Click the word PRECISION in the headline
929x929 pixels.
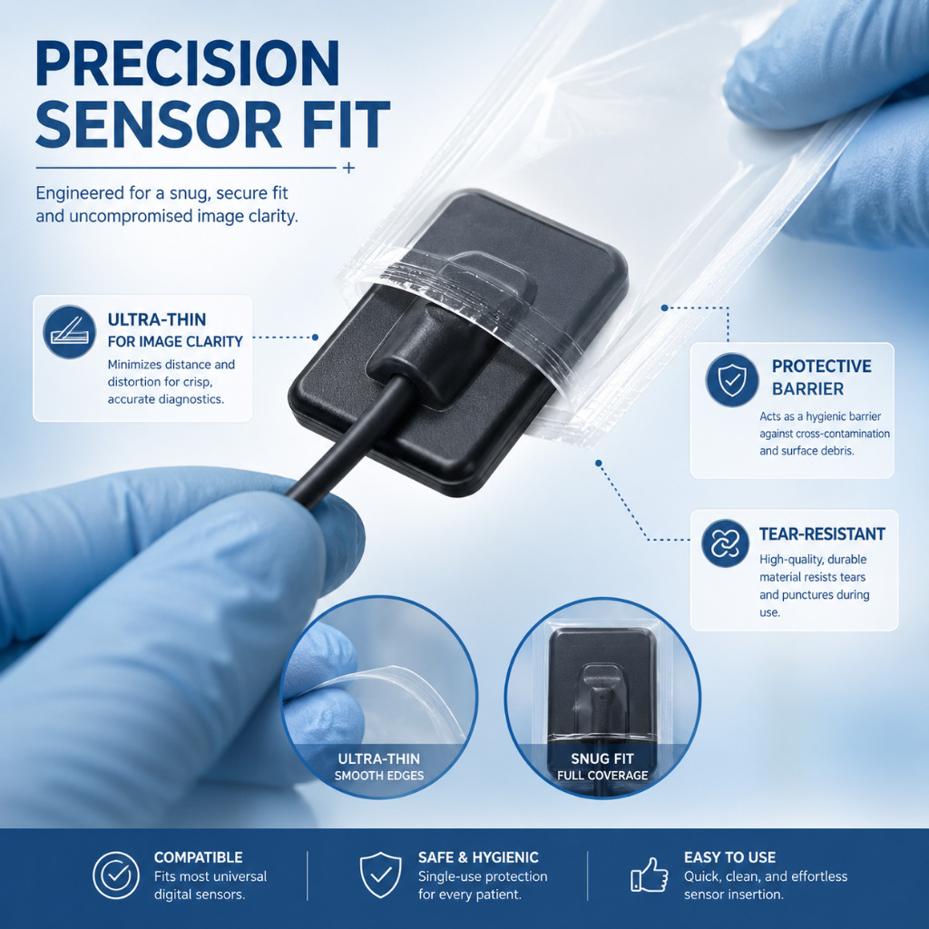188,64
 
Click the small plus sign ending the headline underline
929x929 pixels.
349,168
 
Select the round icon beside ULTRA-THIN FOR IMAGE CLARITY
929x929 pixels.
69,332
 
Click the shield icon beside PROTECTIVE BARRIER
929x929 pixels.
732,380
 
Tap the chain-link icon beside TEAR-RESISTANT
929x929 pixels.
725,543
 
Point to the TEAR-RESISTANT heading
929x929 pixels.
822,533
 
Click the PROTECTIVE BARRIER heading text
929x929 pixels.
822,377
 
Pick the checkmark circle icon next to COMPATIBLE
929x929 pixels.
116,875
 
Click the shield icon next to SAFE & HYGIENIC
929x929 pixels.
380,875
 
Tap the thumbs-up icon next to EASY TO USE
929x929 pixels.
650,875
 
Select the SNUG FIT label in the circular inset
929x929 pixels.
602,758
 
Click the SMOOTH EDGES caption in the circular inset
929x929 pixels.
379,776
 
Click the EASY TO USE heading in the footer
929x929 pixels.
729,857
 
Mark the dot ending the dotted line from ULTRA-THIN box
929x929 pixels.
315,337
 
